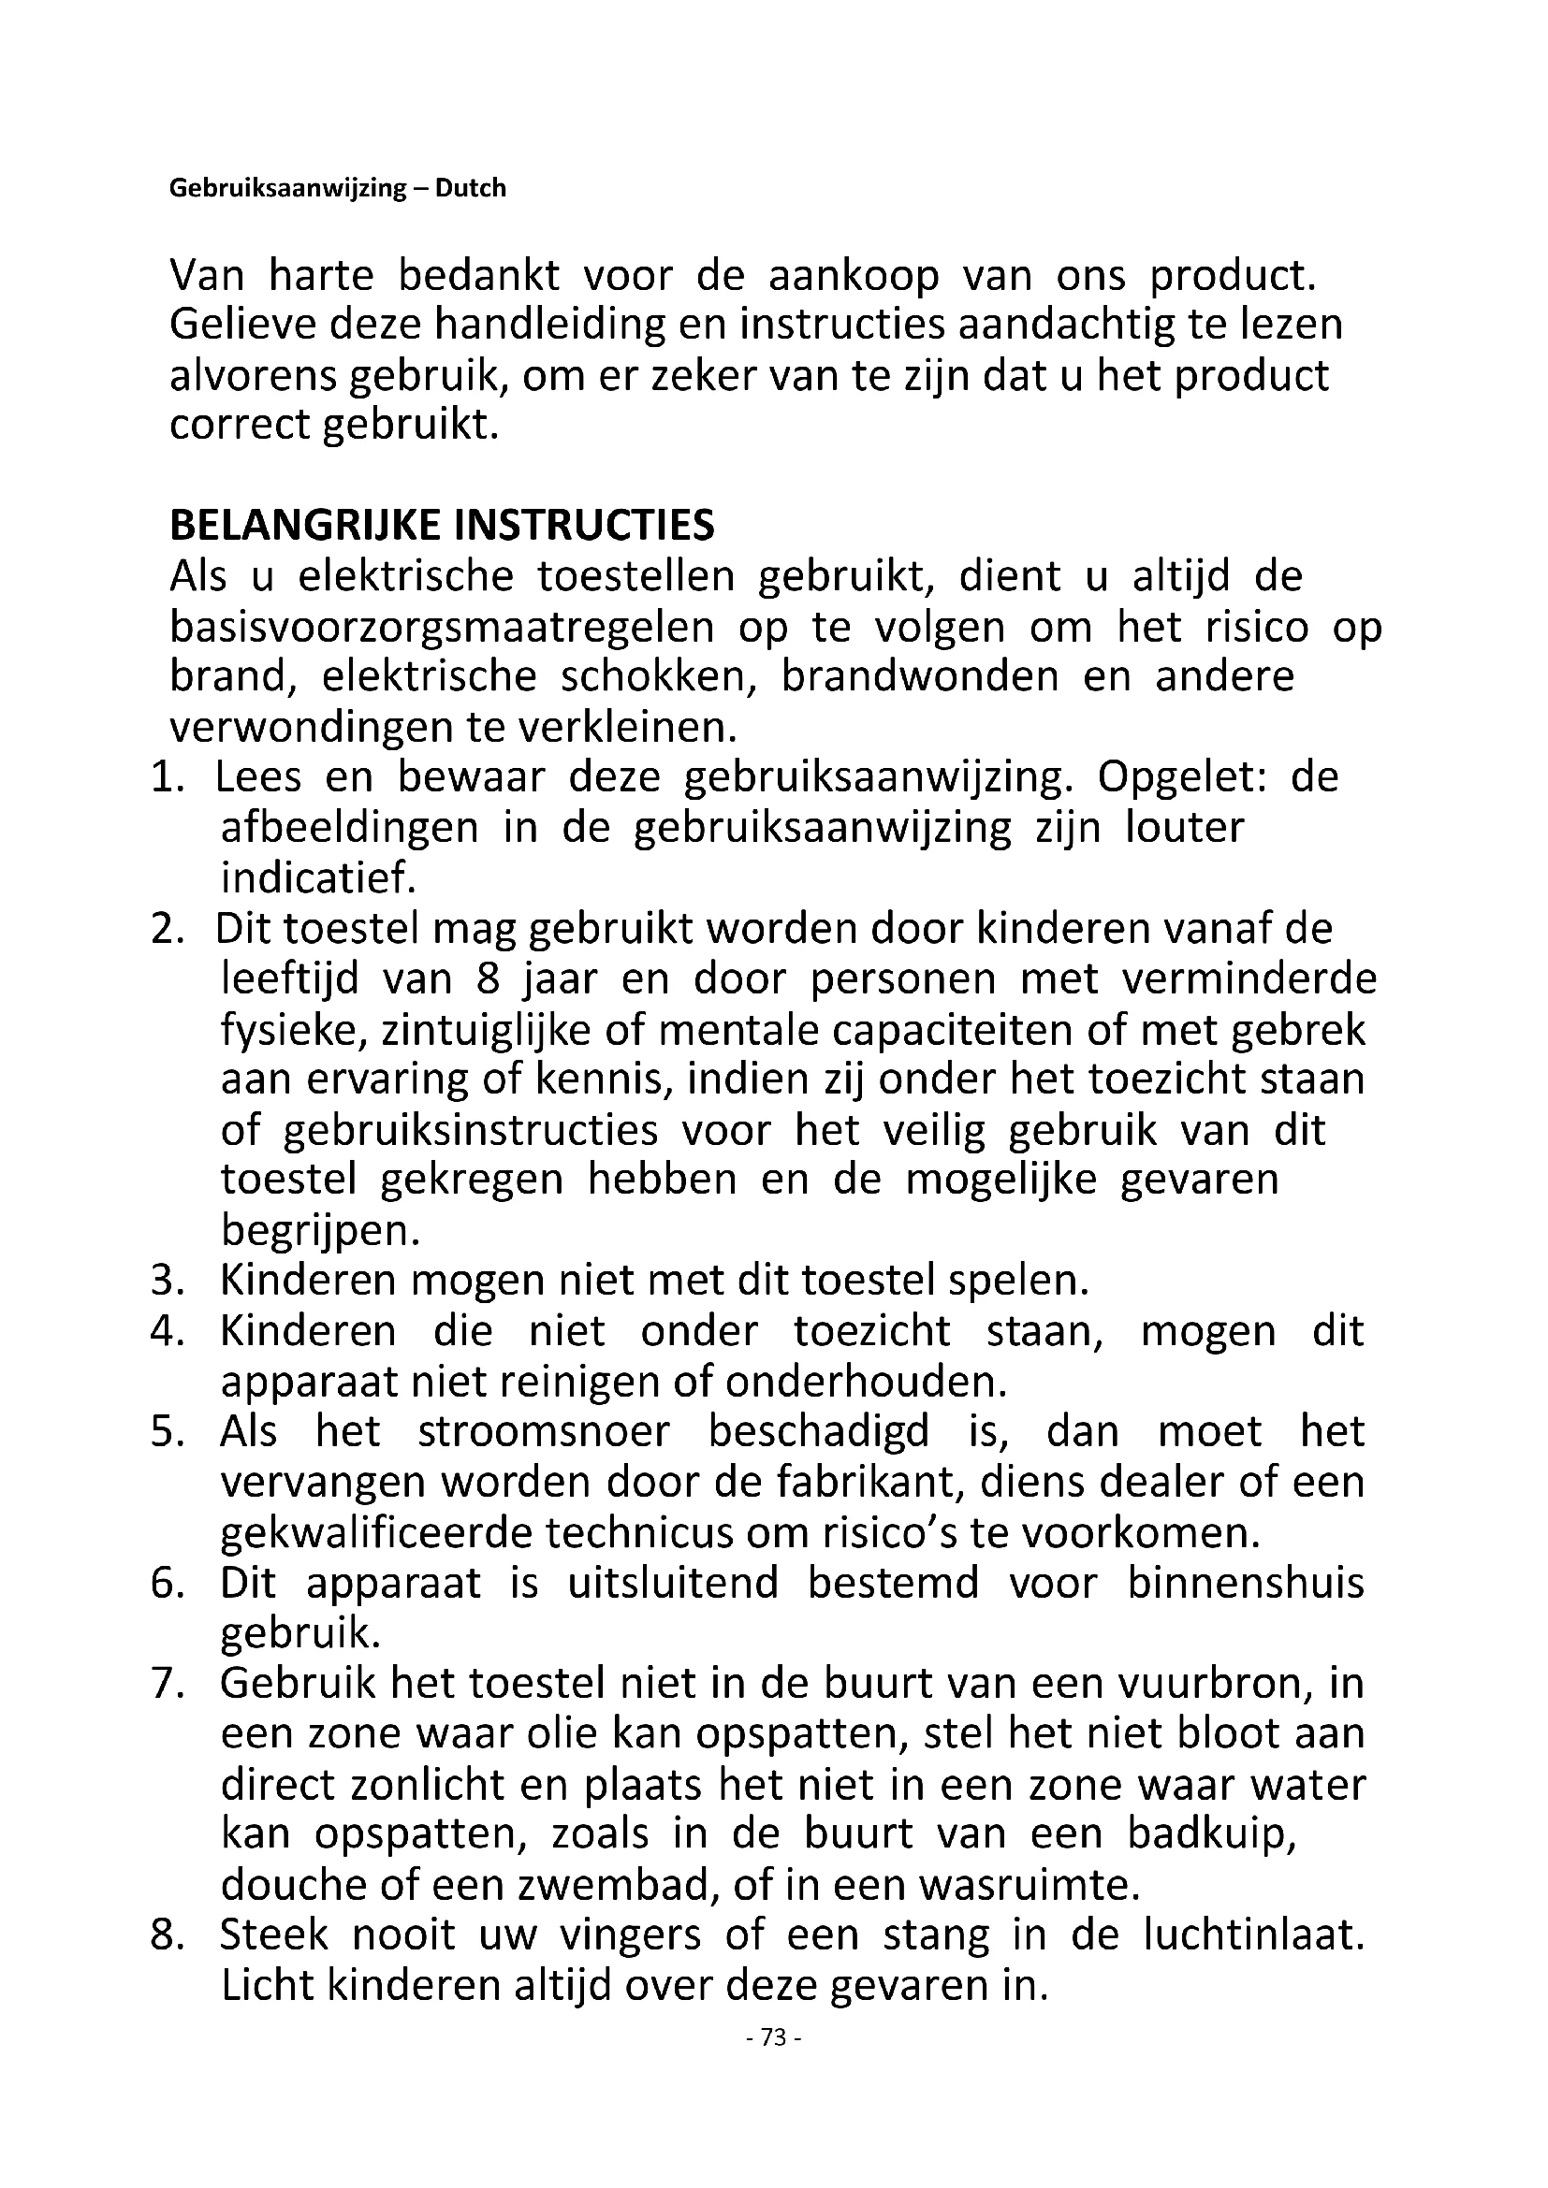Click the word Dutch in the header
(x=470, y=188)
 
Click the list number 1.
(x=166, y=777)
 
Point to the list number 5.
(x=166, y=1432)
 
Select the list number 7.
(x=166, y=1684)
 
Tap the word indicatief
(x=318, y=877)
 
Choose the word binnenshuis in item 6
(x=1246, y=1584)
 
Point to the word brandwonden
(x=920, y=676)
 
